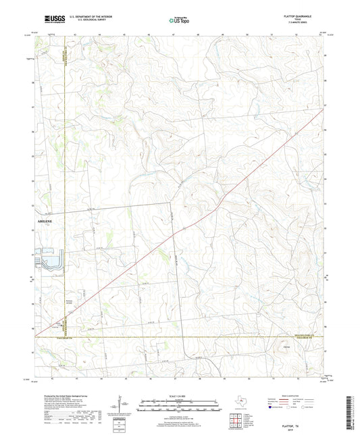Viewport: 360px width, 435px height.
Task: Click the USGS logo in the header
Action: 48,20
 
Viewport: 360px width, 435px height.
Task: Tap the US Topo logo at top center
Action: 179,21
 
